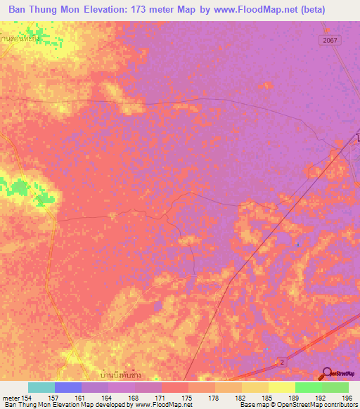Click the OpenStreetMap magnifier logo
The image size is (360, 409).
[x=328, y=374]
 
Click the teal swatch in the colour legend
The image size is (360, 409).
[x=41, y=387]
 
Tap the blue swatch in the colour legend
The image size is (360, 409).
[x=68, y=387]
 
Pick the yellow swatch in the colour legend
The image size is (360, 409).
[x=282, y=387]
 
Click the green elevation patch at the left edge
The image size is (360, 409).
[x=25, y=188]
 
